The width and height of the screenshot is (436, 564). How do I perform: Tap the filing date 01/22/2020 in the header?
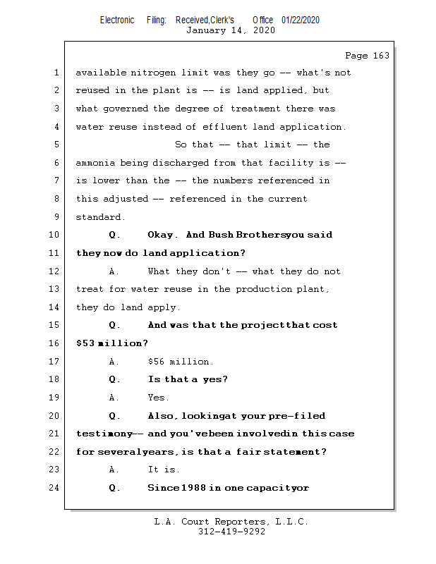point(300,20)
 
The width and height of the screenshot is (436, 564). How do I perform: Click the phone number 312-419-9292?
point(231,532)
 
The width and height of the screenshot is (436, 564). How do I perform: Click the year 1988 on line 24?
point(193,487)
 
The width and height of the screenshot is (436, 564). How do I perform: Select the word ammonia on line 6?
point(96,163)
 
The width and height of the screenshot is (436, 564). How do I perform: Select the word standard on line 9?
point(99,217)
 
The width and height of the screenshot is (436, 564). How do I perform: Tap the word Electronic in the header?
point(117,20)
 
